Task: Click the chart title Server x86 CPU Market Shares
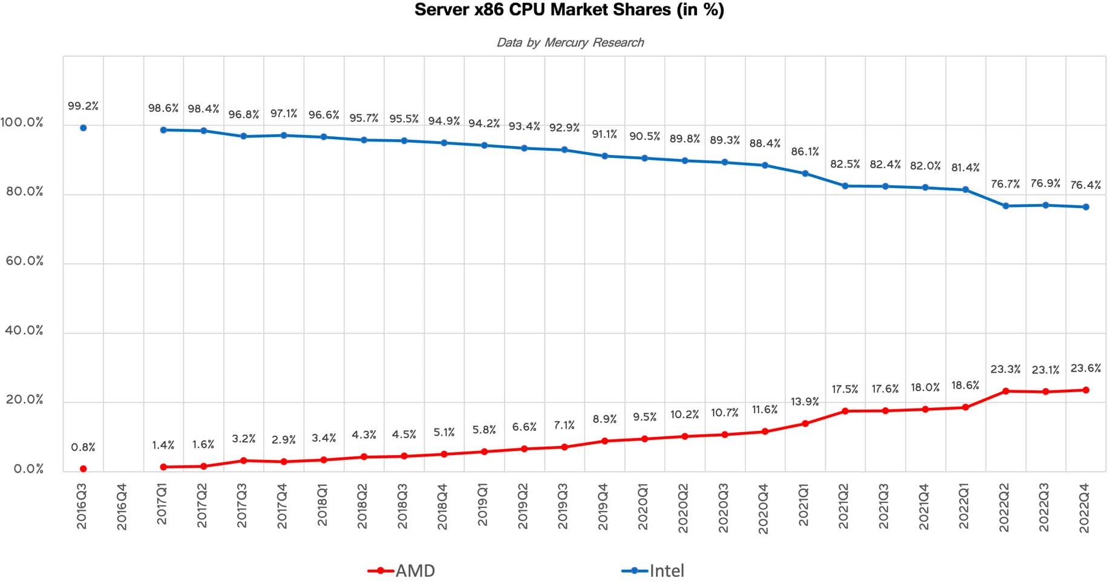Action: point(569,10)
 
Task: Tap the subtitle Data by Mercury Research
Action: point(570,42)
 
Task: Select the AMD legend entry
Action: point(402,570)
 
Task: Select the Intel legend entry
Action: point(655,570)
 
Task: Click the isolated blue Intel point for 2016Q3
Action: point(83,128)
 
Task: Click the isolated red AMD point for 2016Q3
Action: point(83,469)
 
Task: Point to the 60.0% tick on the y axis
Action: point(25,261)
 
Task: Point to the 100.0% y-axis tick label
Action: point(22,123)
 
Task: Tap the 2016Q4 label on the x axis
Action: point(122,507)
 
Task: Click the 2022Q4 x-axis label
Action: point(1085,508)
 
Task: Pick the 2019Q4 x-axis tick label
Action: point(603,507)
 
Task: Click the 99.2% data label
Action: point(83,106)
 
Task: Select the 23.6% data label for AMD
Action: point(1085,368)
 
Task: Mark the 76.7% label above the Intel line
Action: point(1005,184)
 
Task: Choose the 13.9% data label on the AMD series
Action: point(805,402)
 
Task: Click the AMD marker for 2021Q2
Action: point(845,411)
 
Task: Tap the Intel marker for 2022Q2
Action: point(1006,206)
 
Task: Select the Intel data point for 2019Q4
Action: point(604,156)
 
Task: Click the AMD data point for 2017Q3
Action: point(243,461)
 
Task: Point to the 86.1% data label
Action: point(805,152)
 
